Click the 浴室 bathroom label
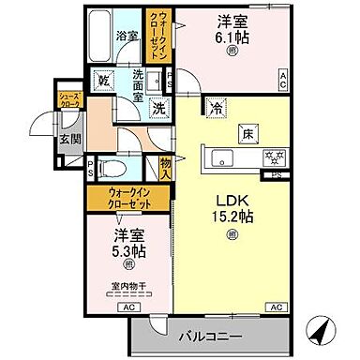tap(126, 37)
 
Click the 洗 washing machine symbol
tap(159, 107)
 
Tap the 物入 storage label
tap(164, 168)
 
